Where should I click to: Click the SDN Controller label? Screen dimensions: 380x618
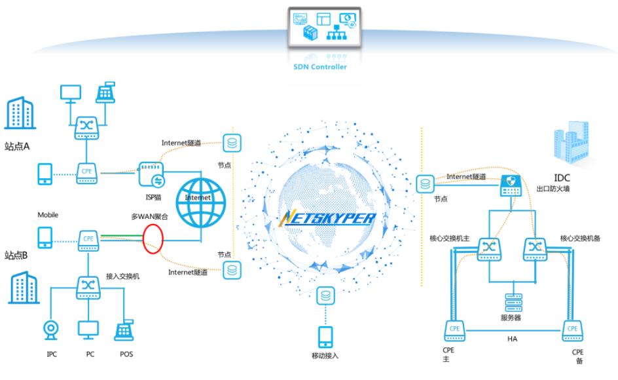(x=319, y=67)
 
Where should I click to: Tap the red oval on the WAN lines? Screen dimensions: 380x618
(x=154, y=239)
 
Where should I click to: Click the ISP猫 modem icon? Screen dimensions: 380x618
(x=151, y=174)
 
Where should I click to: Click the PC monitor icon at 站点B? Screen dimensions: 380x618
(x=88, y=330)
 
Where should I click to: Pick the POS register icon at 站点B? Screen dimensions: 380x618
(x=124, y=330)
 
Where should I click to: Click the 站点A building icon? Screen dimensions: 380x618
(x=20, y=114)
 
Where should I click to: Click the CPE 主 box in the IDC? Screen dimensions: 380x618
(x=455, y=330)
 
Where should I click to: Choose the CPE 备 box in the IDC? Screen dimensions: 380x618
(x=573, y=330)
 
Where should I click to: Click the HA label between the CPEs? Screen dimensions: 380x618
(x=513, y=339)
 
